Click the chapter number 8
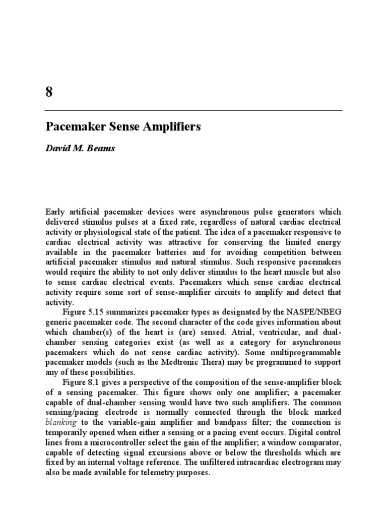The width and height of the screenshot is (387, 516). (49, 92)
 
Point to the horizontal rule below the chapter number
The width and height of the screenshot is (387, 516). (193, 110)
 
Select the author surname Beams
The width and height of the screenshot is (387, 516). (103, 149)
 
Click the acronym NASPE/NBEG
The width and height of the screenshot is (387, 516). (314, 312)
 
